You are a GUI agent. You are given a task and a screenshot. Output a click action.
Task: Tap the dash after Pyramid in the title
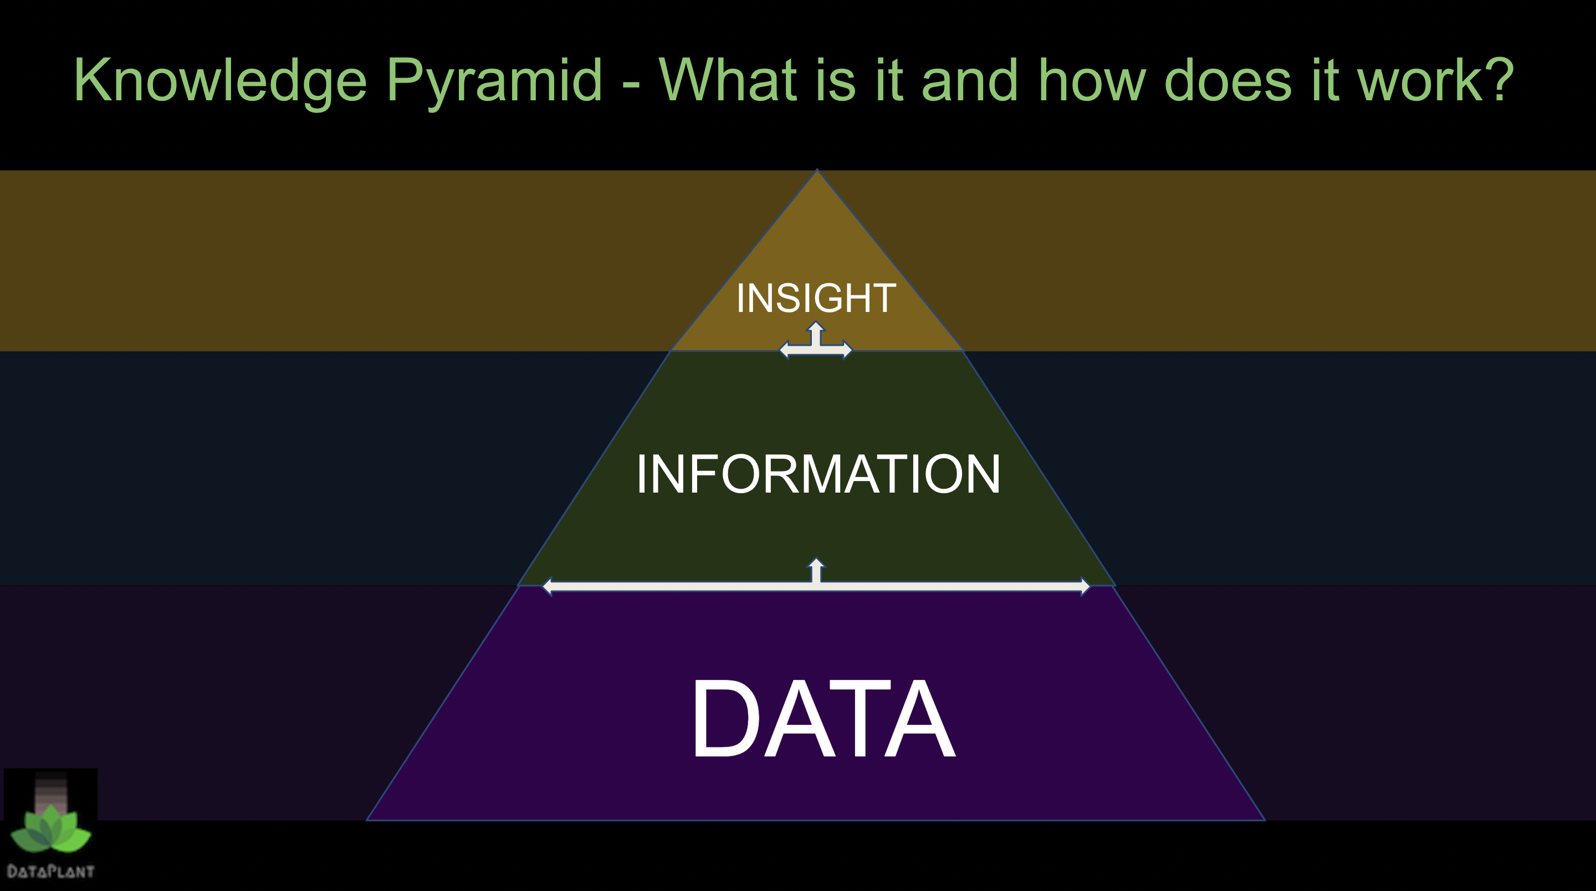631,83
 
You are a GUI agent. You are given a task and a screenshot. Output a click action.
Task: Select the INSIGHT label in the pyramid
816,298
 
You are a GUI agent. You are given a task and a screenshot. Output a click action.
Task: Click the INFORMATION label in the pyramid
818,474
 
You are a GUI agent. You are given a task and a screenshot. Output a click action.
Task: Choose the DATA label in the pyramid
823,718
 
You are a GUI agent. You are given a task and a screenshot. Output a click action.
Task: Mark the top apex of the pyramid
817,169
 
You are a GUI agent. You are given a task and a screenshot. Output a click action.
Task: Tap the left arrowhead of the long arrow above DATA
547,586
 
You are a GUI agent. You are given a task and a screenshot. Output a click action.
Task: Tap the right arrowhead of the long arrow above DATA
1085,586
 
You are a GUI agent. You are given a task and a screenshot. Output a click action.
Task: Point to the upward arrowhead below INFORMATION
816,562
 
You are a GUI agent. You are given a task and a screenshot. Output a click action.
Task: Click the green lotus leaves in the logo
51,828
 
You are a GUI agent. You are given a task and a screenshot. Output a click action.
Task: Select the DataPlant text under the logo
51,872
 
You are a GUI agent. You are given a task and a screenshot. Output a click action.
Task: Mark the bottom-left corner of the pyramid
367,821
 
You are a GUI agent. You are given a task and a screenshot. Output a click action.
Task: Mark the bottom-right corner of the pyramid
1265,821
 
